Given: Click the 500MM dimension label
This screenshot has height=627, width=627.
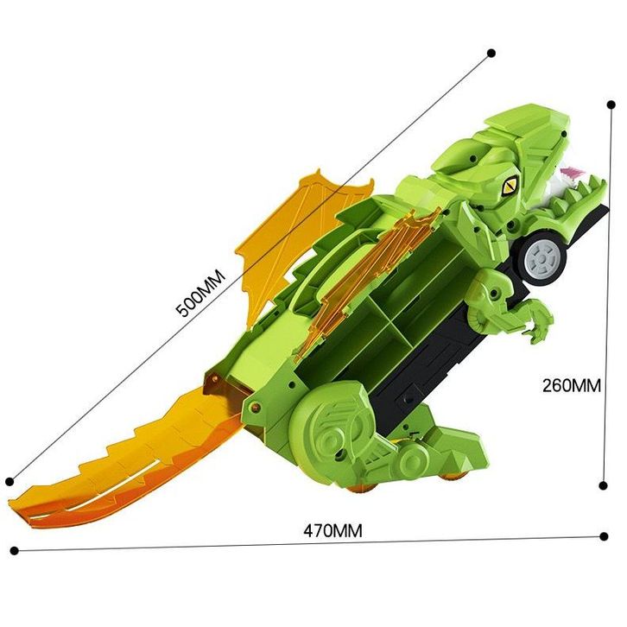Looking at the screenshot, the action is tap(201, 293).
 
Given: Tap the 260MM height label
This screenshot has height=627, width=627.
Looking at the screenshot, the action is tap(572, 385).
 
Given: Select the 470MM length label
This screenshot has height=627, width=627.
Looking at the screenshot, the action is tap(332, 531).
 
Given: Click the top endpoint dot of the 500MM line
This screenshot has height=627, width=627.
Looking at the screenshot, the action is tap(491, 53).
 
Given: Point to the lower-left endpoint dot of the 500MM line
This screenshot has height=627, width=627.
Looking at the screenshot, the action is tap(10, 481).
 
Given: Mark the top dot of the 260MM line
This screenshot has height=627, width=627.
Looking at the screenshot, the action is tap(611, 104).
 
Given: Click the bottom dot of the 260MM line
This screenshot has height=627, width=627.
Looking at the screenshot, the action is tap(604, 485).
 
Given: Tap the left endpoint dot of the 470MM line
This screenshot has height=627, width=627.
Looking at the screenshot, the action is tap(15, 551).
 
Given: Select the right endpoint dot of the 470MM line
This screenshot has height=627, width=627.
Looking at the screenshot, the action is tap(605, 536).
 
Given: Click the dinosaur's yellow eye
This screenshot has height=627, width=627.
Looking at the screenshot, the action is tap(510, 186).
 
